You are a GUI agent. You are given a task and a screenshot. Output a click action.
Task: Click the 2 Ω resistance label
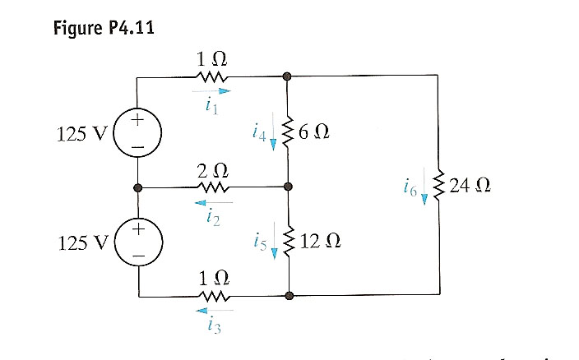pyautogui.click(x=213, y=172)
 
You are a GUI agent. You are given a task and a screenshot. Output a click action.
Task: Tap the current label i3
pyautogui.click(x=213, y=325)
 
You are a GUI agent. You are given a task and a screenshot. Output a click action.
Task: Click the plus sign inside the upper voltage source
pyautogui.click(x=139, y=119)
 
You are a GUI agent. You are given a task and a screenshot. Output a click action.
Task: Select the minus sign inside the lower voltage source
pyautogui.click(x=139, y=257)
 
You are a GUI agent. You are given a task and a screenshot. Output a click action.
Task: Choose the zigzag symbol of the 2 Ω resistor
pyautogui.click(x=213, y=187)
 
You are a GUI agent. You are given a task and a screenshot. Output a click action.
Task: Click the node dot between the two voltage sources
pyautogui.click(x=139, y=187)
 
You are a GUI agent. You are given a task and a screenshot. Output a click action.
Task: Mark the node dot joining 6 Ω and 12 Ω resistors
pyautogui.click(x=287, y=187)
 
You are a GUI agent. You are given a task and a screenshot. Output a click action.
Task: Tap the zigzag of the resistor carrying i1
pyautogui.click(x=213, y=76)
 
